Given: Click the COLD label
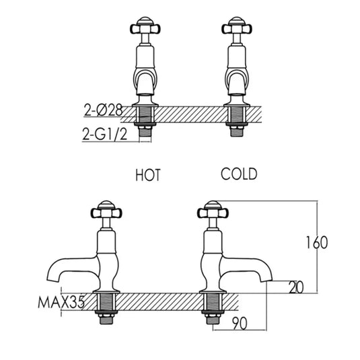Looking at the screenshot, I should pyautogui.click(x=239, y=174).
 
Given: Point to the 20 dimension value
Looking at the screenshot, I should pyautogui.click(x=295, y=287).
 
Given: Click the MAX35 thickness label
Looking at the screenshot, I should pyautogui.click(x=61, y=303).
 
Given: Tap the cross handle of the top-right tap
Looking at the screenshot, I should pyautogui.click(x=237, y=28).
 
